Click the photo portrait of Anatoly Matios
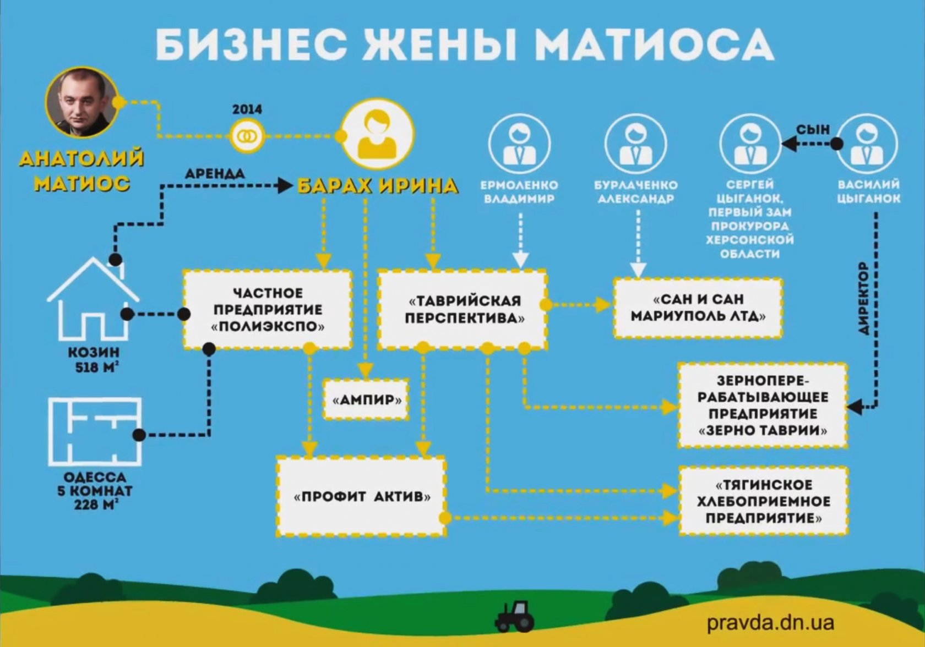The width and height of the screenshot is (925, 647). tap(81, 102)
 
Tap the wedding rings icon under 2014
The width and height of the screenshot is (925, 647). tap(247, 135)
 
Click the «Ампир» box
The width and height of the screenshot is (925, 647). tap(366, 399)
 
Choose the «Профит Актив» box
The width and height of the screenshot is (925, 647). tap(361, 496)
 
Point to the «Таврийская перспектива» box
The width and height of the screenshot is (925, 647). tap(463, 309)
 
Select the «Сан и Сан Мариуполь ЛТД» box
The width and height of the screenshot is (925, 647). tap(698, 308)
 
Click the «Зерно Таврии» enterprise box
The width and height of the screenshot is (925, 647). tap(763, 405)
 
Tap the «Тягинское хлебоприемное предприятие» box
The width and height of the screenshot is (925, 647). tap(763, 501)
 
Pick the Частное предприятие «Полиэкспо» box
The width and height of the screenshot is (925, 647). tap(268, 309)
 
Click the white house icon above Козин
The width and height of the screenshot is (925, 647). tap(94, 299)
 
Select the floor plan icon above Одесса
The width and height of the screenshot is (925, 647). tap(95, 431)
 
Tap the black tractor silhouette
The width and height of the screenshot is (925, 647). tap(514, 616)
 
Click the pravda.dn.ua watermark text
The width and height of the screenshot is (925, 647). tap(771, 622)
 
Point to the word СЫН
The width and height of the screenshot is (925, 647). tap(813, 130)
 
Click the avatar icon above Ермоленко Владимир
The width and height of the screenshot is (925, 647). tap(519, 144)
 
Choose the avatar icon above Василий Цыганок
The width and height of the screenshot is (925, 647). tap(867, 144)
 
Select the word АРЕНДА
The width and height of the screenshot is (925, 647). tap(215, 173)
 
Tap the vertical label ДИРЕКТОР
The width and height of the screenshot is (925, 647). tap(864, 298)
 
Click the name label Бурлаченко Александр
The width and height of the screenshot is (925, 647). tap(636, 192)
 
